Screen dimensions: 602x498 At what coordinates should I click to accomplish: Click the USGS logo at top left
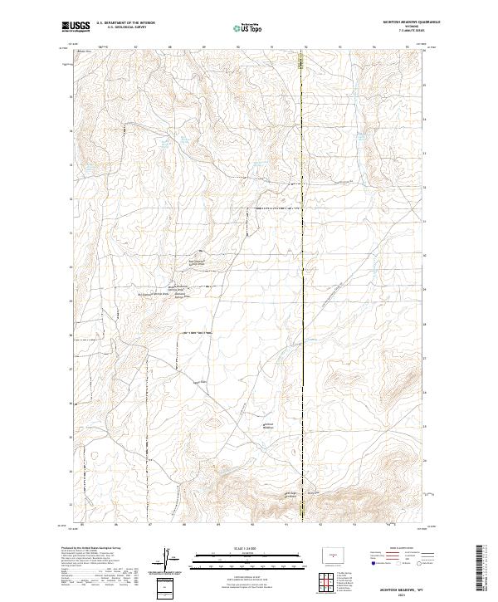[76, 27]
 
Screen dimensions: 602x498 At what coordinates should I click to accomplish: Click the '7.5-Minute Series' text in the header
[411, 32]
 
